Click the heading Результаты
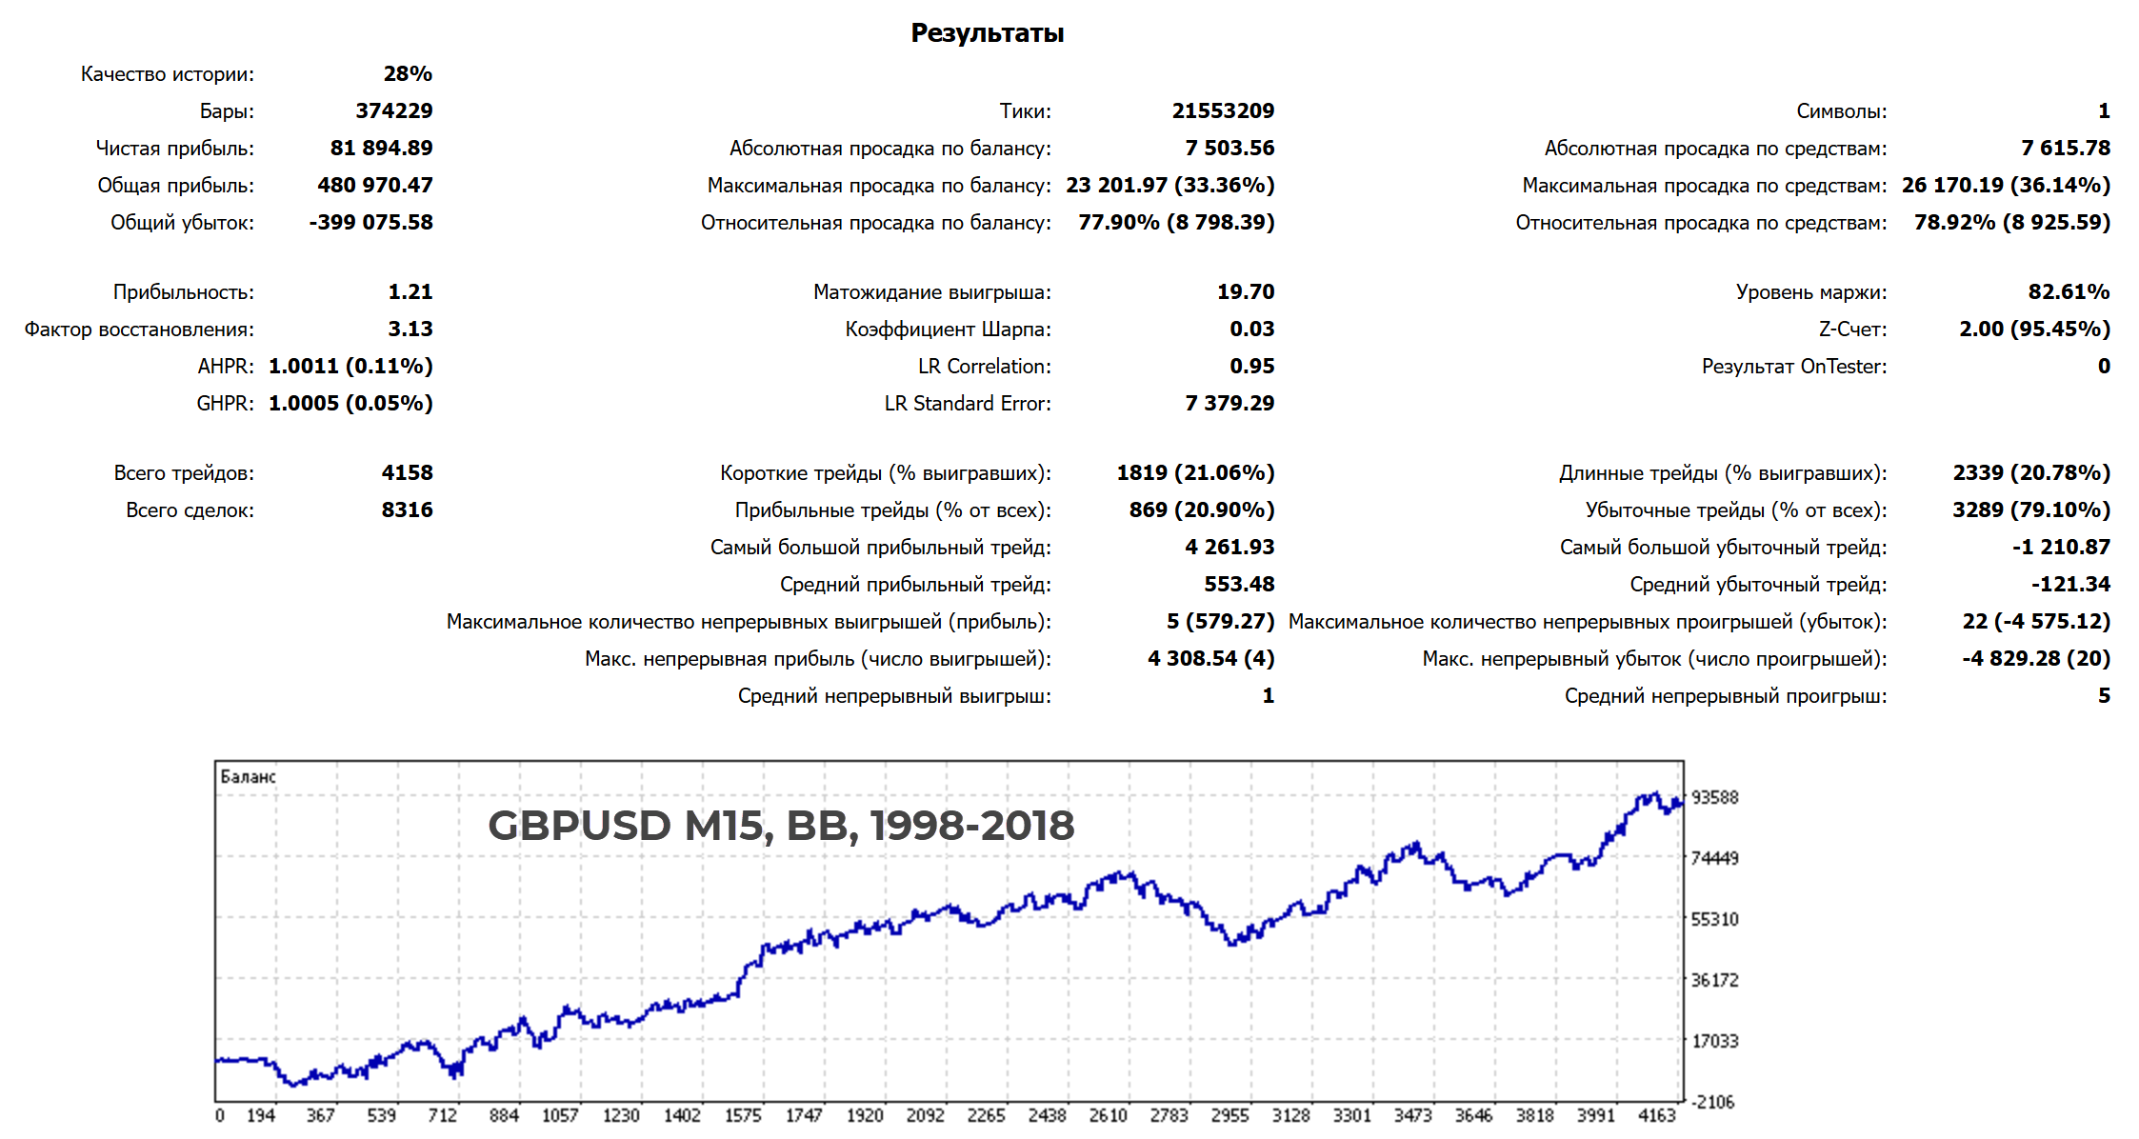[987, 33]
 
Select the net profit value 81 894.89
[381, 149]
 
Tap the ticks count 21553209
[1223, 111]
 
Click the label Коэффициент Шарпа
[948, 330]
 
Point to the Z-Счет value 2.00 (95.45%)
[2034, 330]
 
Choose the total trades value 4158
[407, 473]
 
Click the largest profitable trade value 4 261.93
[1229, 548]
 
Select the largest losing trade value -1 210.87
[2061, 548]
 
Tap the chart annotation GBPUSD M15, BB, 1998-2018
[781, 826]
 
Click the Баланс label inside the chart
[248, 777]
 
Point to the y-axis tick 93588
[1714, 798]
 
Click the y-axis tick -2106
[1712, 1103]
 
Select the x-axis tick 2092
[925, 1115]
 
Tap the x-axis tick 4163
[1656, 1115]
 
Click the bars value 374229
[394, 111]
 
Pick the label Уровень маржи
[1810, 292]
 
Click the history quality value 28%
[408, 74]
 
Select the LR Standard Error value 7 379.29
[1229, 404]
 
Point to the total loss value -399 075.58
[370, 223]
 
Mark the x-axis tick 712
[442, 1115]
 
